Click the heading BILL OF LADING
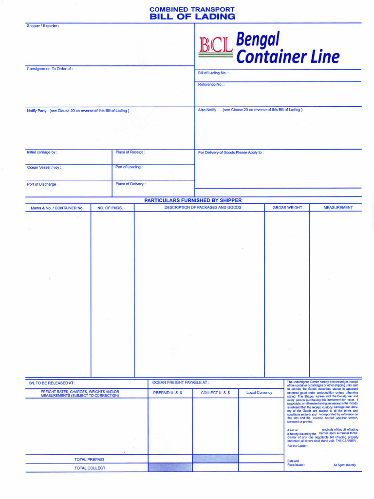[192, 17]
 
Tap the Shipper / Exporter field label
[43, 26]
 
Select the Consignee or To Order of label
[50, 69]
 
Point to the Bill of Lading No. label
[213, 73]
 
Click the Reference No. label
[211, 84]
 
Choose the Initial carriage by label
[42, 153]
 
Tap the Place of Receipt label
[130, 152]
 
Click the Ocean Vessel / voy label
[44, 167]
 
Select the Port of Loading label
[129, 167]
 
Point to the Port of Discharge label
[41, 184]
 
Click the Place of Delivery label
[131, 184]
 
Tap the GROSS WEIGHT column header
[287, 208]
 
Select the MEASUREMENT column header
[338, 208]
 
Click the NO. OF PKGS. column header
[110, 208]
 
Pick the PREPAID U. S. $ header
[168, 393]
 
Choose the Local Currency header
[259, 393]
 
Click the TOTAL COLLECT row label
[90, 468]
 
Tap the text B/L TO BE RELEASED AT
[52, 384]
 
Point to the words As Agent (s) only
[344, 465]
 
